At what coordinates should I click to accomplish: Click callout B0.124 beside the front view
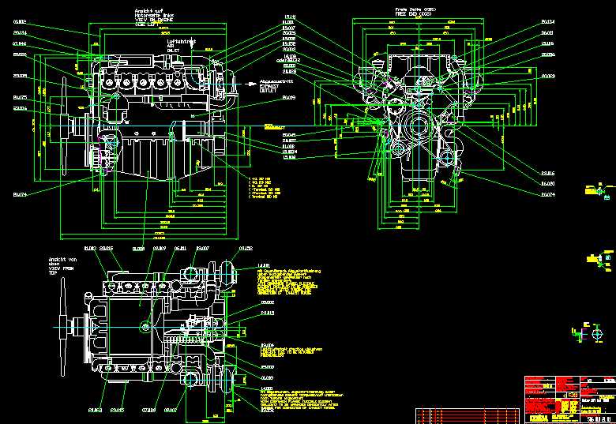point(547,22)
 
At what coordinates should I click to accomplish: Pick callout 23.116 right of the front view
point(547,173)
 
